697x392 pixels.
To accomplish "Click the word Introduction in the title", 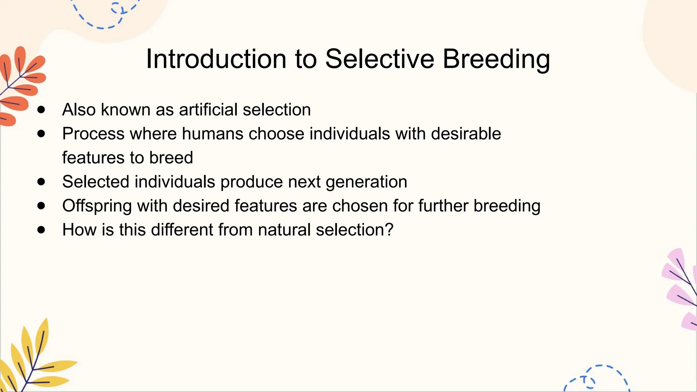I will point(216,59).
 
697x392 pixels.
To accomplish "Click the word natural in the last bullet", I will point(284,230).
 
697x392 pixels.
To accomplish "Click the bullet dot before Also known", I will point(41,110).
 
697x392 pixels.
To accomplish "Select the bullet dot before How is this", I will point(41,230).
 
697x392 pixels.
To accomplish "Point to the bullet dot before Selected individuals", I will point(41,182).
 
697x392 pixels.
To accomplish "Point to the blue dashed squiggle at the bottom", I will point(599,378).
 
